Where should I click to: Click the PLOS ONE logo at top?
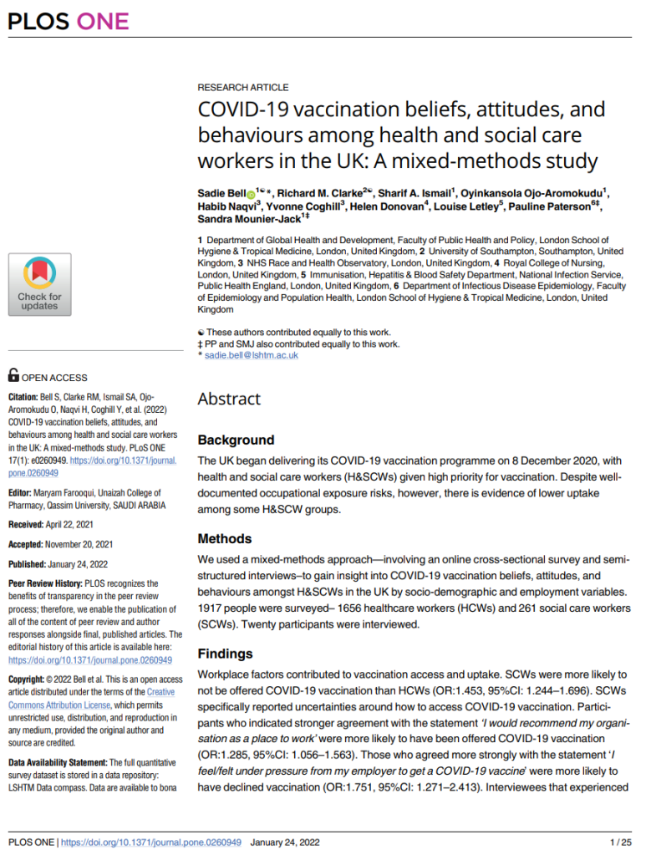coord(69,22)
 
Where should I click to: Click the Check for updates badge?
coord(39,284)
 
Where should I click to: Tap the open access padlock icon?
coord(13,376)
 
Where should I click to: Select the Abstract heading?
coord(229,399)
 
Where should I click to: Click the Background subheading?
coord(236,440)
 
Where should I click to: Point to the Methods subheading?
coord(225,539)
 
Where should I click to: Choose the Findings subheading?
coord(225,654)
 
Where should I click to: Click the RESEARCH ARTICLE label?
coord(243,87)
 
